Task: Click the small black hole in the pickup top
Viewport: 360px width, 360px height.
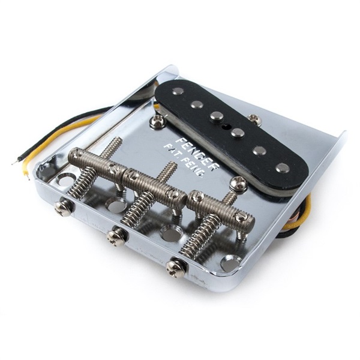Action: click(x=227, y=125)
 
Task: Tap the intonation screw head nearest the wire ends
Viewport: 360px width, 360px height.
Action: click(x=65, y=205)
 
